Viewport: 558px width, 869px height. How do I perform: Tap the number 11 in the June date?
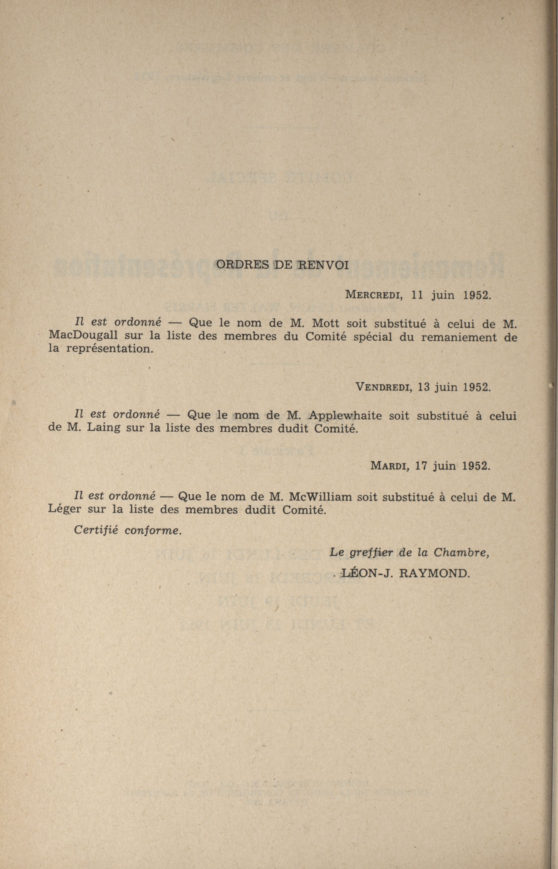tap(418, 294)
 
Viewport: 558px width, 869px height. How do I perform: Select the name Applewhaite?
tap(346, 415)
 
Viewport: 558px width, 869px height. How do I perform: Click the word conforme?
tap(152, 530)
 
